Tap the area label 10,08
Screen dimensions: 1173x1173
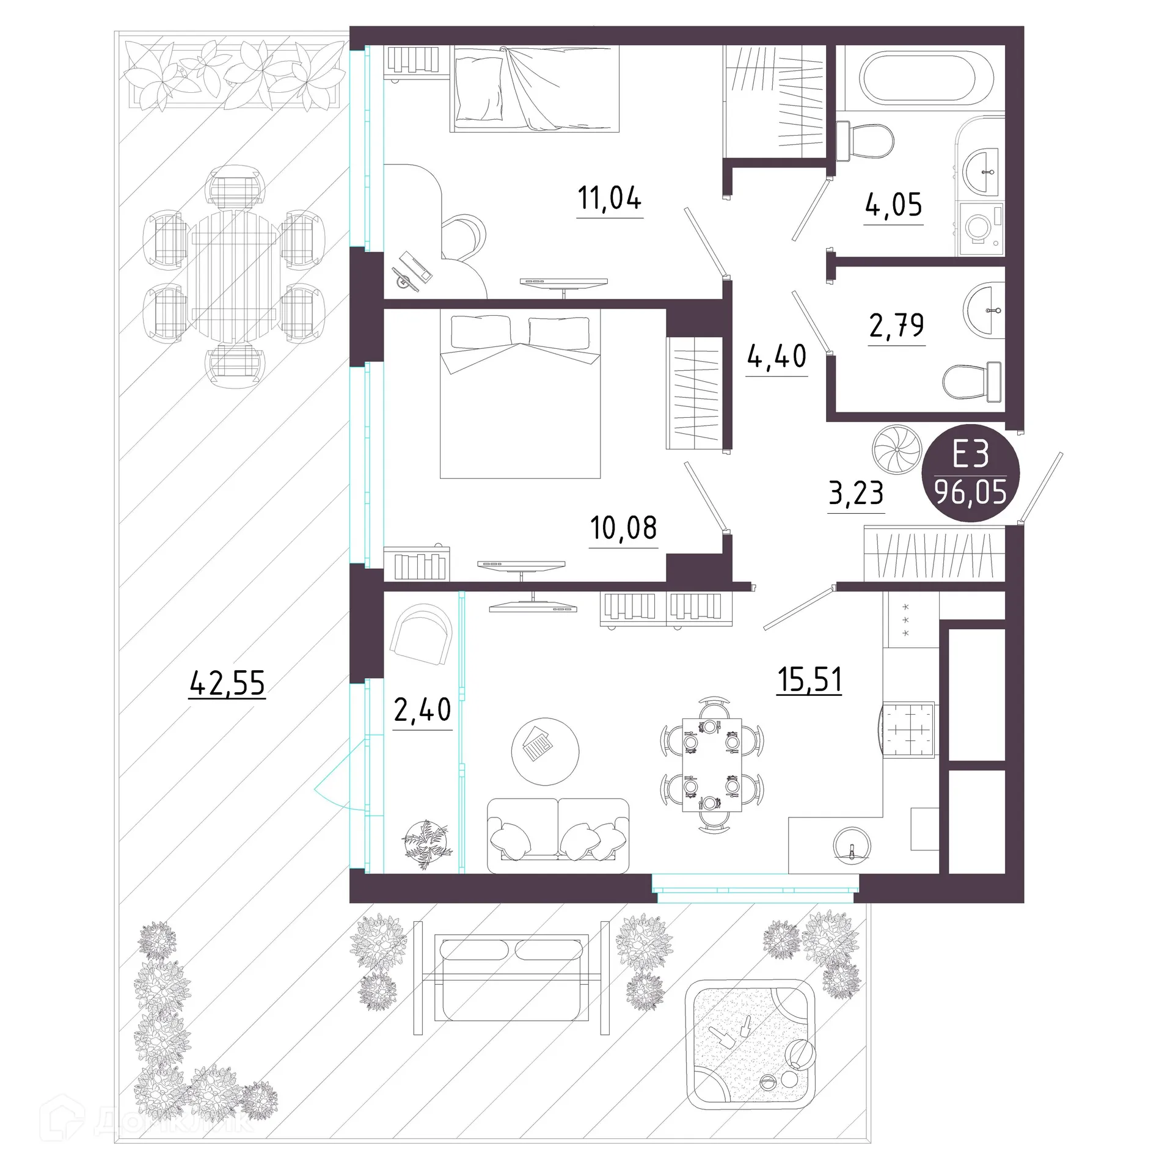(623, 528)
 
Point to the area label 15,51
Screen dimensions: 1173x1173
(809, 679)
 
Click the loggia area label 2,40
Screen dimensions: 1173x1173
(422, 710)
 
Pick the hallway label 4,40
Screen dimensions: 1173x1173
(777, 356)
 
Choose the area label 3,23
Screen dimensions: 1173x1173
(856, 493)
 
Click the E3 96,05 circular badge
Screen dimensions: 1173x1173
(971, 472)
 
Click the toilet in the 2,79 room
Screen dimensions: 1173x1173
(971, 381)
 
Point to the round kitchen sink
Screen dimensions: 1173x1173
(852, 845)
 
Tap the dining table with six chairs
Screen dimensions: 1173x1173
(712, 765)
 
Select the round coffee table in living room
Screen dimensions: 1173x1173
(545, 751)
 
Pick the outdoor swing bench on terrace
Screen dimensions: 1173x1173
(511, 977)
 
